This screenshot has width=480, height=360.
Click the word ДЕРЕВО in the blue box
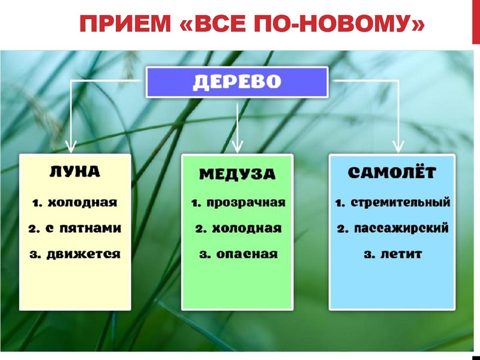(237, 82)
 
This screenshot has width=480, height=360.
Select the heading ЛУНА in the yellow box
(74, 172)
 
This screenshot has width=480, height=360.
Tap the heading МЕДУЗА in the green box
(237, 175)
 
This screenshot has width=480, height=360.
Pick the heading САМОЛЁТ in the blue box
(392, 173)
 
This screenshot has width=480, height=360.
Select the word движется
(84, 254)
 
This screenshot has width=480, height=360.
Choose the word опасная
(247, 254)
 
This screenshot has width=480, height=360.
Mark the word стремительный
(400, 202)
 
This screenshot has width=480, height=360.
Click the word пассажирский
(400, 229)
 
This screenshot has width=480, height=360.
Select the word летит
(401, 254)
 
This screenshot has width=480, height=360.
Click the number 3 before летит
(368, 254)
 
